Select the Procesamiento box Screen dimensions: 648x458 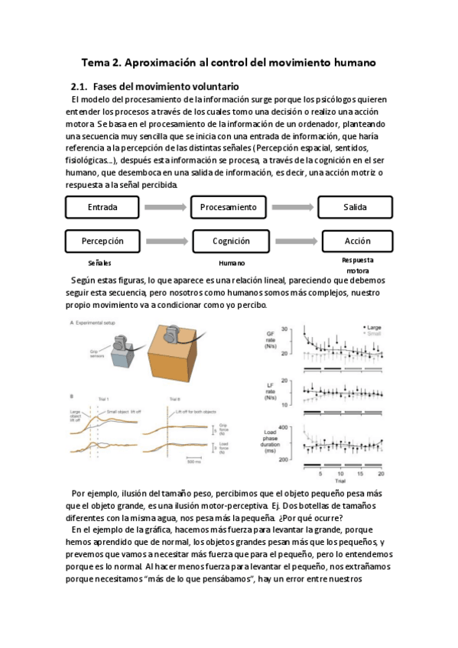(x=229, y=207)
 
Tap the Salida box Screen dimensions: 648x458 (x=355, y=207)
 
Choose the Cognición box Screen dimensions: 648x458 (x=230, y=241)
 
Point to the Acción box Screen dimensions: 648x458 (x=357, y=241)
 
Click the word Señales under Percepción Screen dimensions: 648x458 (x=100, y=262)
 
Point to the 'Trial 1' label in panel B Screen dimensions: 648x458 (x=102, y=400)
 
